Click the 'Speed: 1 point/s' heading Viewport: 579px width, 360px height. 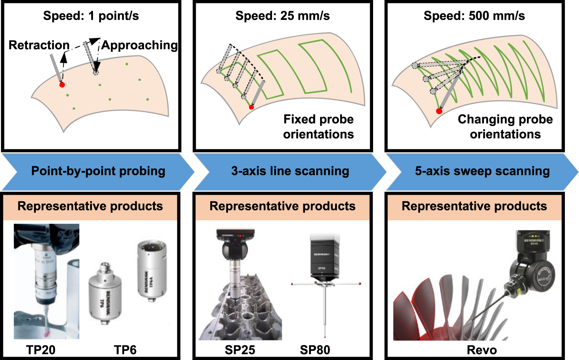91,16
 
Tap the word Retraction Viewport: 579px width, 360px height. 39,45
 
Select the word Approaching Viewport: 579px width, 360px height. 139,45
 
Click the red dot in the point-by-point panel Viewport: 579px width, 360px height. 62,85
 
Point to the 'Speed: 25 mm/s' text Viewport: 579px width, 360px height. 282,16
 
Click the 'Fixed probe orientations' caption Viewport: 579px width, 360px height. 318,127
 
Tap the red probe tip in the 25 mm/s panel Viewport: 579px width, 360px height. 252,107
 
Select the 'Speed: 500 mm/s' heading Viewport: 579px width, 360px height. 474,16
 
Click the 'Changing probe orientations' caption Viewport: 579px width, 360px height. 505,127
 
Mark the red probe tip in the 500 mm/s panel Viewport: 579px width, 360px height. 439,111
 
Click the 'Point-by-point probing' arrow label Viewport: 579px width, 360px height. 98,171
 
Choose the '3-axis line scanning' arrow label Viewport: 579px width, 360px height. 290,171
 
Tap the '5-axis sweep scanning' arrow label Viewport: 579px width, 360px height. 482,171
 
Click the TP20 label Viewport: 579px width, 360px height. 41,350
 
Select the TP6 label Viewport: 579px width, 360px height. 125,350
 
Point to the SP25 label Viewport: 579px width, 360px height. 240,350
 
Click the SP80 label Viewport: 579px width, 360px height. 315,350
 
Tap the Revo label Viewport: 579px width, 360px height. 482,350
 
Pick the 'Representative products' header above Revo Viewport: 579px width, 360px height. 474,206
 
